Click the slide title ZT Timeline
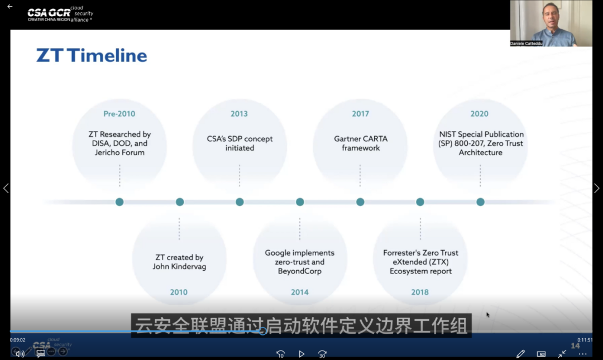pos(92,55)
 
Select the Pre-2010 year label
pos(119,114)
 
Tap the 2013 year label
pos(239,114)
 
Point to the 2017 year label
pos(360,114)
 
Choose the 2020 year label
pos(479,114)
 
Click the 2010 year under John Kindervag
pos(179,292)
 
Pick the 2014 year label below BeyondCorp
pos(300,292)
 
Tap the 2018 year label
pos(420,292)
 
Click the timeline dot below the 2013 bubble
pos(240,202)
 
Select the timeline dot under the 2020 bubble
pos(480,202)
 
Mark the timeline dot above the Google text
pos(300,202)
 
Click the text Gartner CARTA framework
pos(361,143)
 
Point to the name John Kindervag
pos(179,267)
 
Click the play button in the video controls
pos(301,354)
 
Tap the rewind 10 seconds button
pos(281,354)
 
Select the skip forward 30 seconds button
pos(322,354)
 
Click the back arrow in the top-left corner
pos(9,7)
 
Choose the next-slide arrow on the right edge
pos(596,188)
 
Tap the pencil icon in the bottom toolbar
pos(520,354)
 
